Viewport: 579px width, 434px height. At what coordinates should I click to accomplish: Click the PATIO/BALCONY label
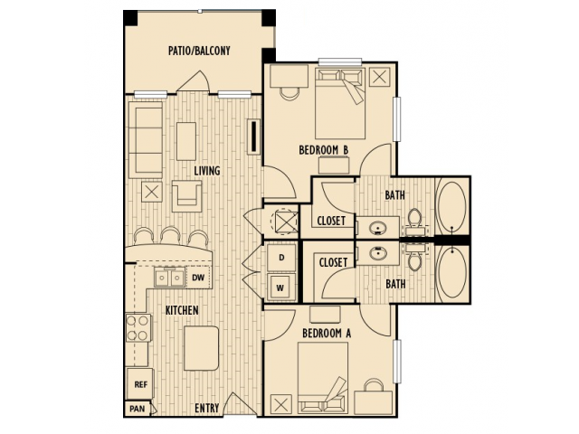(199, 51)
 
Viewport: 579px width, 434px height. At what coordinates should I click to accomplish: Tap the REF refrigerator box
(140, 383)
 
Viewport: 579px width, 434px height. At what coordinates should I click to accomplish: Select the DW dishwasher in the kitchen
(198, 278)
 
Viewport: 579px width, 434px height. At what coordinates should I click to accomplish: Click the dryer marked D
(281, 258)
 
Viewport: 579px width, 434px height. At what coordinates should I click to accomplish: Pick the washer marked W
(280, 288)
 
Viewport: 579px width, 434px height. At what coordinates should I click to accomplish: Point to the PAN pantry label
(138, 409)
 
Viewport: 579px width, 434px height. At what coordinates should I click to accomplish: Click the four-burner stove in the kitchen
(138, 328)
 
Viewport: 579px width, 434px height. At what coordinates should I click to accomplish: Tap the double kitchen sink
(169, 278)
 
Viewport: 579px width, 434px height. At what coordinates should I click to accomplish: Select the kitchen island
(201, 348)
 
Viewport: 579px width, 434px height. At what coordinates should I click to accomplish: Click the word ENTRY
(207, 408)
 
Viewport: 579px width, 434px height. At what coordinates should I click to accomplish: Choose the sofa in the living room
(146, 140)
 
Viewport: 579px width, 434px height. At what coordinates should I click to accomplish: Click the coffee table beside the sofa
(186, 141)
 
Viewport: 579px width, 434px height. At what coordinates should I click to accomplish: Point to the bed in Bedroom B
(340, 103)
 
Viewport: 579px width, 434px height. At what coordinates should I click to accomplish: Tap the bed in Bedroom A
(323, 377)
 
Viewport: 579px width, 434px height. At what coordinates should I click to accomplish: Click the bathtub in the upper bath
(451, 206)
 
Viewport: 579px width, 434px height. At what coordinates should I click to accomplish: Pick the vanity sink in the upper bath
(378, 228)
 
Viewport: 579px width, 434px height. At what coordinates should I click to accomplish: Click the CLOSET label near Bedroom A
(333, 262)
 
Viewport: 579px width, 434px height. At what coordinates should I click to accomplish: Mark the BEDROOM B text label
(324, 150)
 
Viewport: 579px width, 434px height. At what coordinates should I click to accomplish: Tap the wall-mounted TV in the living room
(254, 137)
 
